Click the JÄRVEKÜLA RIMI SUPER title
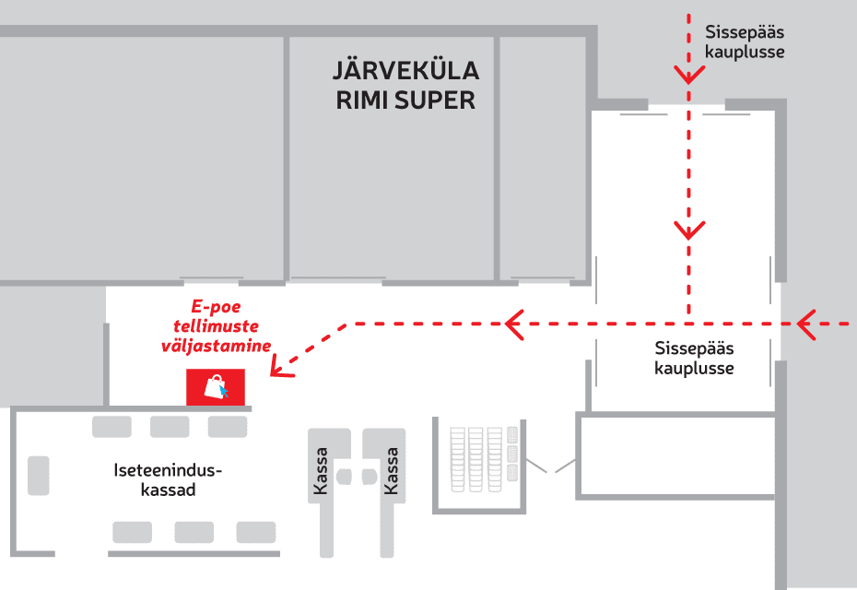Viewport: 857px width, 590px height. pos(405,86)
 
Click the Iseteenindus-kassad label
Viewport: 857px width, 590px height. pos(168,479)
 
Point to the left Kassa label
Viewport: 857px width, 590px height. pos(321,471)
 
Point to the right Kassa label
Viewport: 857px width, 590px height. pos(392,471)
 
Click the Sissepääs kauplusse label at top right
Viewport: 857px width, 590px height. pos(745,41)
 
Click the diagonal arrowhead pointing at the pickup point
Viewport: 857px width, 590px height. pos(278,368)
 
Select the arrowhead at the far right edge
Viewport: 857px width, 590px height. pos(807,324)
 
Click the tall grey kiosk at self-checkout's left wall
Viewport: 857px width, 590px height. pos(39,475)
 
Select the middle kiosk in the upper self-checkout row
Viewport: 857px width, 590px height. pos(170,426)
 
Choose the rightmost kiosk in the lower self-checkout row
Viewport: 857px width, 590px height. pos(255,532)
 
